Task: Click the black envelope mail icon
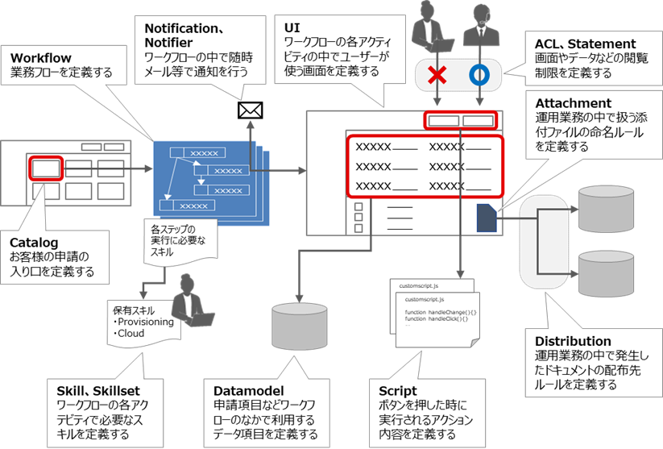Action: pyautogui.click(x=250, y=110)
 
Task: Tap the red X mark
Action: pyautogui.click(x=437, y=76)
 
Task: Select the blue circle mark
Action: pyautogui.click(x=479, y=76)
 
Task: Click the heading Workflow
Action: pyautogui.click(x=40, y=58)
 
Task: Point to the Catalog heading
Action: pyautogui.click(x=34, y=242)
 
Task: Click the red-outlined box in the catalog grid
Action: pyautogui.click(x=46, y=168)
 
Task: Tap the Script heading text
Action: pyautogui.click(x=398, y=391)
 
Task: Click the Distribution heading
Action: pyautogui.click(x=573, y=341)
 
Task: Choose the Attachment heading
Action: pyautogui.click(x=573, y=103)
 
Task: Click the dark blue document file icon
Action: pyautogui.click(x=486, y=216)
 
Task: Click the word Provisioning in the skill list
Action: pyautogui.click(x=147, y=322)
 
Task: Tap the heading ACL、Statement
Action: pyautogui.click(x=585, y=44)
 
